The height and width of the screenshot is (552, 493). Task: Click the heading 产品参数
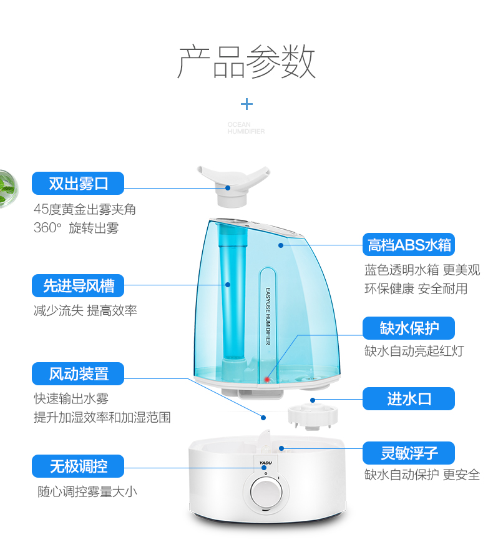[246, 61]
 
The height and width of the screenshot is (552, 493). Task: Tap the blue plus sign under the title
[247, 104]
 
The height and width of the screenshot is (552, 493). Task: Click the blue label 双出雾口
[79, 184]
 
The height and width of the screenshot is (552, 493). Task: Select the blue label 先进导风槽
[79, 286]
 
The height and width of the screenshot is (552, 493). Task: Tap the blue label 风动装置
[79, 374]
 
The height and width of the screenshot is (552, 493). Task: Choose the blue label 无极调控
[79, 466]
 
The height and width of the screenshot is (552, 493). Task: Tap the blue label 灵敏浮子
[409, 453]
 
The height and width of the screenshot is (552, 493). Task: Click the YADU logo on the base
[266, 463]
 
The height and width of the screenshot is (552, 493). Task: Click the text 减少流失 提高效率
[85, 310]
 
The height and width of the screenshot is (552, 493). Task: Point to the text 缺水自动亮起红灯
[414, 351]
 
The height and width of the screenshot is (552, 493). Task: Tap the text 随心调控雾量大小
[86, 491]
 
